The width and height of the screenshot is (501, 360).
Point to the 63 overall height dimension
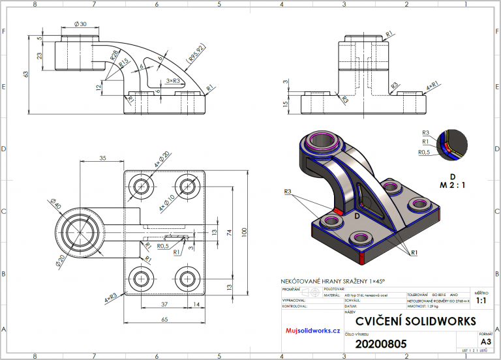[x=27, y=74]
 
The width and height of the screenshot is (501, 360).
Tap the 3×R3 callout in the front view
[x=174, y=80]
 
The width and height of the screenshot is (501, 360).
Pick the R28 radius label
[x=115, y=59]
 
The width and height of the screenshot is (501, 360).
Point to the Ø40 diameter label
[x=57, y=207]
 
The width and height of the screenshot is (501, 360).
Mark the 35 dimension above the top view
[x=102, y=158]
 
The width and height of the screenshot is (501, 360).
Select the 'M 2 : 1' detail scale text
[x=452, y=185]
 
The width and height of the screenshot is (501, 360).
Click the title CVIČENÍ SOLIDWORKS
[x=416, y=322]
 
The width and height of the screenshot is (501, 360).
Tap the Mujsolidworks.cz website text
[x=313, y=331]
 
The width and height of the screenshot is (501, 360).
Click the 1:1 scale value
[x=481, y=301]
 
